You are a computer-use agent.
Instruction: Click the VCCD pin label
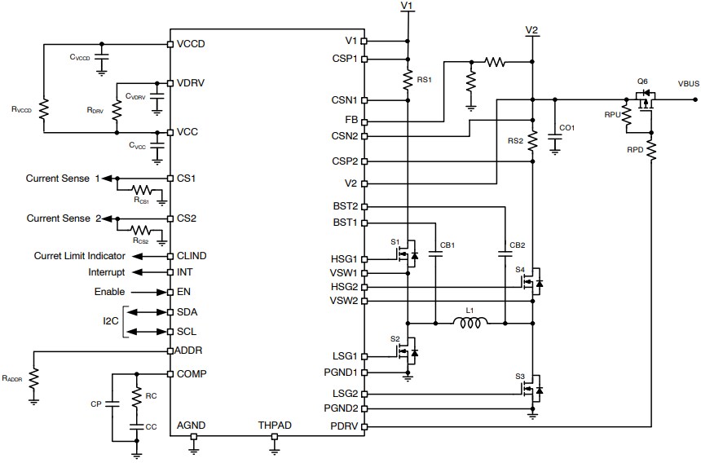tap(191, 43)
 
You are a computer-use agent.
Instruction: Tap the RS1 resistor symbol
tap(407, 80)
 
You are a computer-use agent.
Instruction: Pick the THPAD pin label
tap(275, 426)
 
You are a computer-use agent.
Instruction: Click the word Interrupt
tap(107, 271)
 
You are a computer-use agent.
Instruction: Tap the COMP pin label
tap(192, 373)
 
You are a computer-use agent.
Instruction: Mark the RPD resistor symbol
tap(652, 151)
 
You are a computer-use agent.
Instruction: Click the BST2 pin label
tap(345, 206)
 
